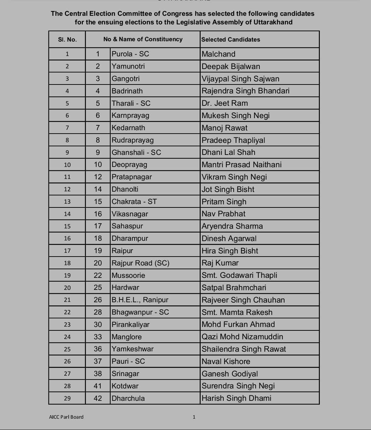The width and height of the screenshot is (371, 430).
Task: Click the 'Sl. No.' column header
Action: (67, 39)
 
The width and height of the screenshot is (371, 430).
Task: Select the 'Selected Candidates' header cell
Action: (231, 39)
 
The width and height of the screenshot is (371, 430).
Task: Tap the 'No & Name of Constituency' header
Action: (143, 39)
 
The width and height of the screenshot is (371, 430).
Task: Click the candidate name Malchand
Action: (218, 54)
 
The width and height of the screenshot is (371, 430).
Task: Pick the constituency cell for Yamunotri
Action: (128, 66)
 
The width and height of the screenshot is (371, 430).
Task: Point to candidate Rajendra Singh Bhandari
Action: (245, 91)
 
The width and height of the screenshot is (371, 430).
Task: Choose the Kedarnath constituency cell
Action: (128, 128)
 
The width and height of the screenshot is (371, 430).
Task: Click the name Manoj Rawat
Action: (224, 128)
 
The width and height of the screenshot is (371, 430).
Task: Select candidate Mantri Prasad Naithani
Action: (241, 165)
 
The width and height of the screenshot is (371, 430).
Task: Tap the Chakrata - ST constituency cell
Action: (134, 202)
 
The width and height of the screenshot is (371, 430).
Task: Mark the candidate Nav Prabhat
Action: (223, 214)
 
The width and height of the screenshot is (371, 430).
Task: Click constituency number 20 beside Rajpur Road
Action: (98, 263)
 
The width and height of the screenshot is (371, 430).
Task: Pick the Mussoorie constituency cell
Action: (128, 275)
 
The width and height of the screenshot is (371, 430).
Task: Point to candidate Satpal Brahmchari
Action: (234, 287)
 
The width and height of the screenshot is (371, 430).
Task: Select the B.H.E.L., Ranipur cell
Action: (140, 300)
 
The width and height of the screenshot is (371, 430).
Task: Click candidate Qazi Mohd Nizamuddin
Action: (242, 337)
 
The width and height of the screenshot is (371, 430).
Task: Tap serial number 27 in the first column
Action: (67, 374)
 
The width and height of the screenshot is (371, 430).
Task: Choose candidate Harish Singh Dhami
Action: (236, 398)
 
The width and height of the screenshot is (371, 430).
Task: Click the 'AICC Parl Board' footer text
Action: (66, 417)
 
